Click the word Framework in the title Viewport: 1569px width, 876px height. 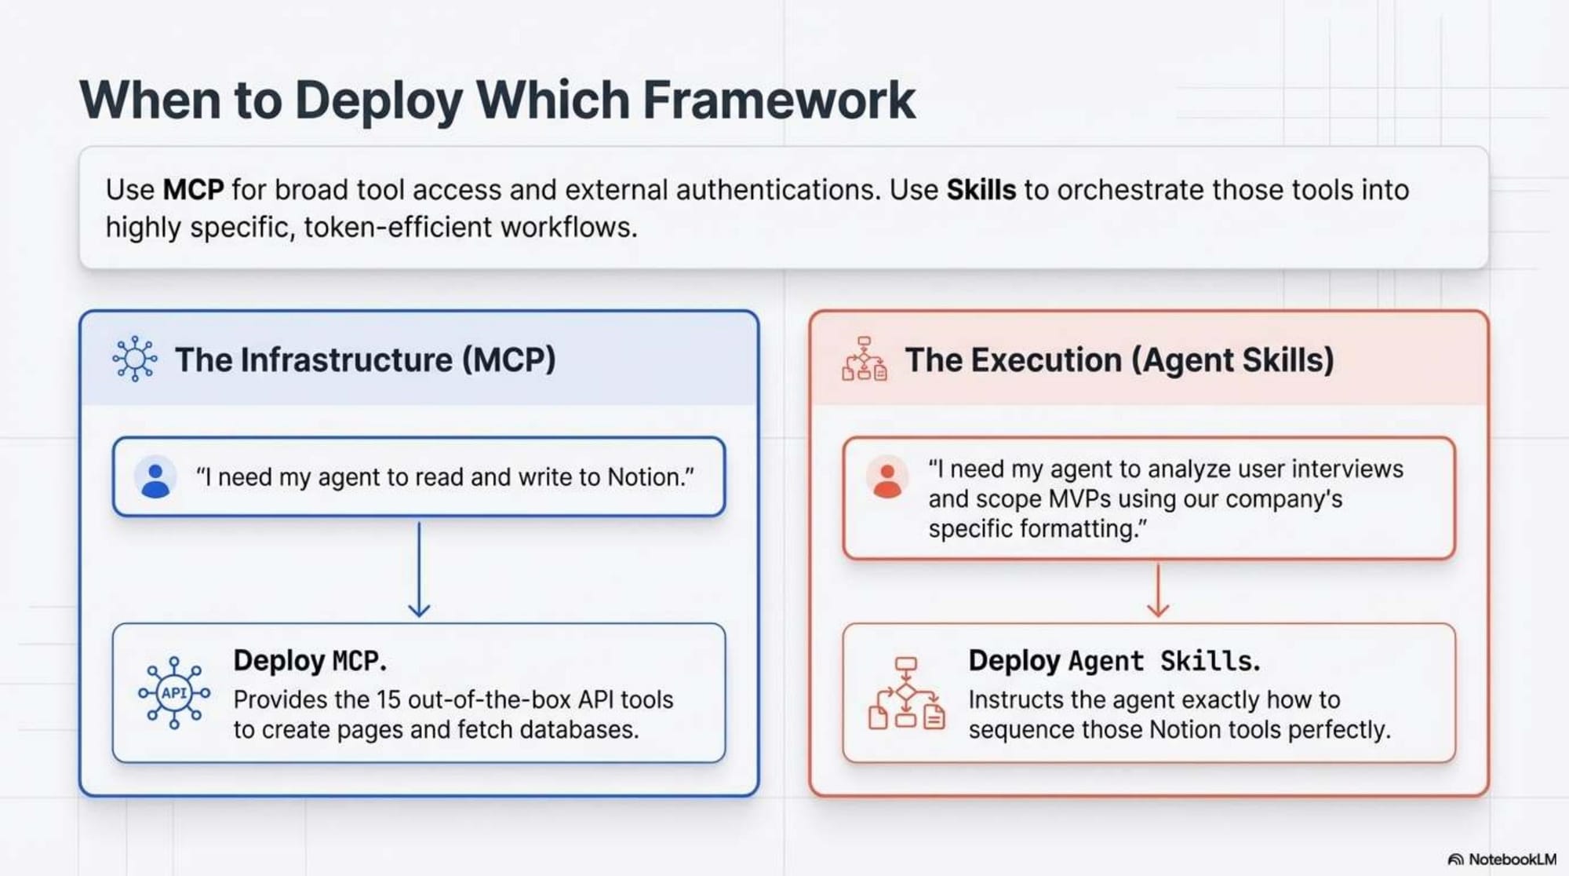778,100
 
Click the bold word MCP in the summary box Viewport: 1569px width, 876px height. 193,190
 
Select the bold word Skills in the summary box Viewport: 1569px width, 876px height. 981,190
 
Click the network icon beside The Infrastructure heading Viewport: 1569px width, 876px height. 134,360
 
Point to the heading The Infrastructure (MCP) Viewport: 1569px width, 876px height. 365,360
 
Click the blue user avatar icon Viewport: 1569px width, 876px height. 155,477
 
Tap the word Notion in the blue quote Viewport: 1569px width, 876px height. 644,477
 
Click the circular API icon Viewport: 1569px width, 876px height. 174,693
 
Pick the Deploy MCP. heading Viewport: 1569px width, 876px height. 310,661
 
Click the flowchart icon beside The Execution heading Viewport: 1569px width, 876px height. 864,360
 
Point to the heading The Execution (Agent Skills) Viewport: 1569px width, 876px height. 1119,360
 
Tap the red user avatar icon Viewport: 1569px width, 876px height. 887,477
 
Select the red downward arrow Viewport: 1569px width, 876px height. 1158,591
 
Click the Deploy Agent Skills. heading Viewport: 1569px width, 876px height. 1114,661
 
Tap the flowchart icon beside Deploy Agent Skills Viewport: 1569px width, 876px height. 906,694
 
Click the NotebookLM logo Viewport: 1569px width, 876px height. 1502,860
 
